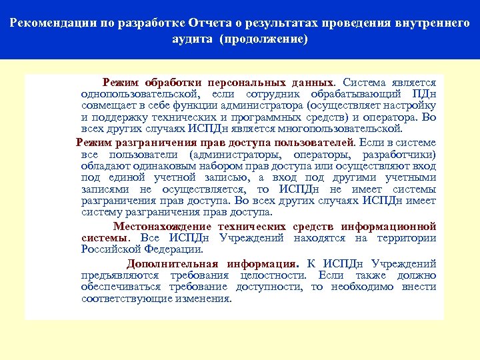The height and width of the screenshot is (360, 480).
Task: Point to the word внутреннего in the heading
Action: [433, 23]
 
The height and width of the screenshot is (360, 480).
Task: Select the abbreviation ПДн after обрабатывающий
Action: [423, 94]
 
